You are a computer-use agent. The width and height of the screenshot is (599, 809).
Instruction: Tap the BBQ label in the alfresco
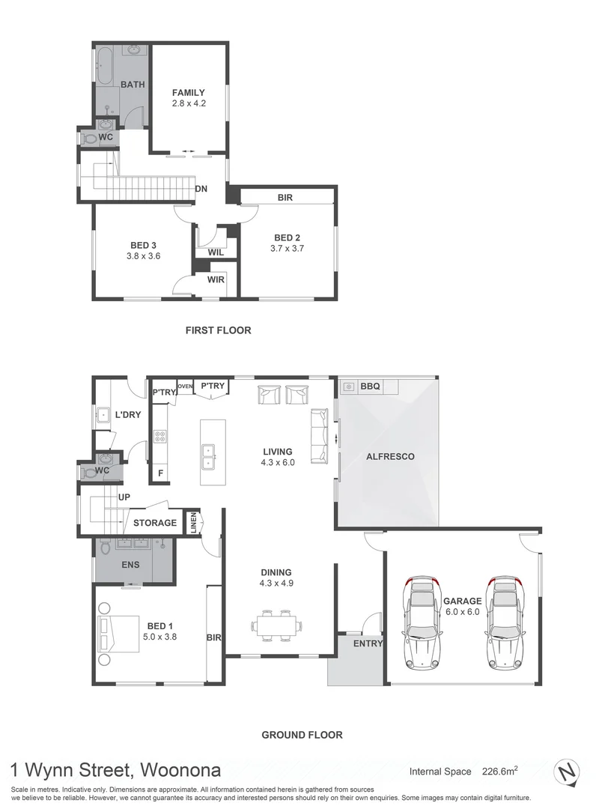pos(370,386)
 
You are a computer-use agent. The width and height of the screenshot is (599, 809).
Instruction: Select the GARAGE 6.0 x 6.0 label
pos(462,606)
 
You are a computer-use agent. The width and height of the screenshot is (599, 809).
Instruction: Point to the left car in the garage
pos(422,622)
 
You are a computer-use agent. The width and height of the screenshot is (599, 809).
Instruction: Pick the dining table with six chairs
pos(276,625)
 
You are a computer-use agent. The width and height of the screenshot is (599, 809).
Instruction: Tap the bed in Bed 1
pos(118,633)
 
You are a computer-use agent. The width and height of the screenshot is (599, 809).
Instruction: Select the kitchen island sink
pos(209,457)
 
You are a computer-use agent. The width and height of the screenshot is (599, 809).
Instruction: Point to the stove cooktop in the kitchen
pos(160,437)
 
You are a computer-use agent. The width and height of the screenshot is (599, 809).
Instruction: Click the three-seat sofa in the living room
pos(319,436)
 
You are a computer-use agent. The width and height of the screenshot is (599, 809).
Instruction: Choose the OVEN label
pos(185,386)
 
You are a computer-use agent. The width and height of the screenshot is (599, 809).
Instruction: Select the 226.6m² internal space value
pos(500,771)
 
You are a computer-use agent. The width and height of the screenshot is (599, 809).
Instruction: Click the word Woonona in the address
pos(180,770)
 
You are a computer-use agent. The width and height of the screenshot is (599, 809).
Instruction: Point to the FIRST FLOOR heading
pos(218,330)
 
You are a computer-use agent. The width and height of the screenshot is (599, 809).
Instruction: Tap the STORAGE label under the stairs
pos(155,523)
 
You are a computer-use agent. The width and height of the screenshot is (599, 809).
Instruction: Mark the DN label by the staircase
pos(201,189)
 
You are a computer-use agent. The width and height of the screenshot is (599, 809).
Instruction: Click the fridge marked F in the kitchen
pos(161,473)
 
